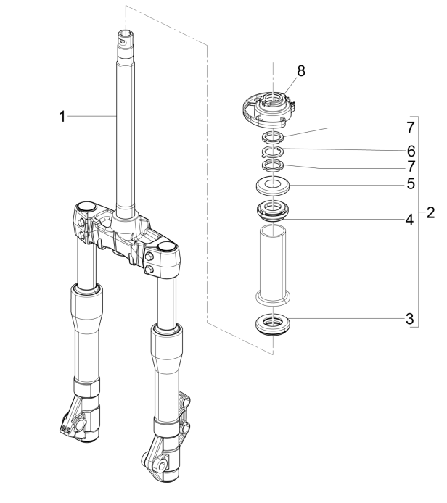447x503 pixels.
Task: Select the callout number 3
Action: (411, 318)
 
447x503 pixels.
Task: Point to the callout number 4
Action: (411, 218)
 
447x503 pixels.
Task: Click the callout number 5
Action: (411, 185)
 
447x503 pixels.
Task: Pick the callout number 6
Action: (411, 151)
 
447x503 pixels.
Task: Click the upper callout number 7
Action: (411, 128)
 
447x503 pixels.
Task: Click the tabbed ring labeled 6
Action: (272, 151)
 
